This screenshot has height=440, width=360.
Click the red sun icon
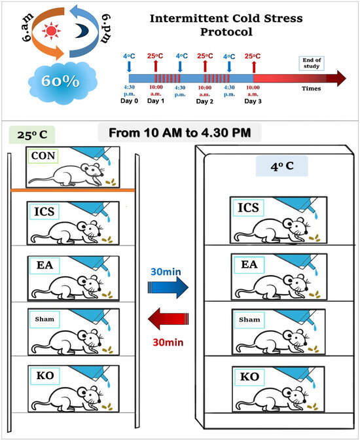[x=51, y=31]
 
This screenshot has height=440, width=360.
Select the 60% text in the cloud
[x=61, y=81]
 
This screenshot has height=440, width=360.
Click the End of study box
[x=312, y=63]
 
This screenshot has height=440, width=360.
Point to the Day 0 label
[x=129, y=101]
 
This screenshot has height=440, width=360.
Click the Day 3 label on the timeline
[x=253, y=101]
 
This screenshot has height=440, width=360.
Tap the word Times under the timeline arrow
[x=311, y=88]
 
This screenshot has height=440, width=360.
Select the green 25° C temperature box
[x=32, y=135]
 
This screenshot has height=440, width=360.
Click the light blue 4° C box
[x=282, y=166]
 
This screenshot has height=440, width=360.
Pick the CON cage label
[x=43, y=156]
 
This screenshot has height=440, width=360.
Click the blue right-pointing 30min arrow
[x=168, y=287]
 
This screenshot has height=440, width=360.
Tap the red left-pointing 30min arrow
[x=168, y=319]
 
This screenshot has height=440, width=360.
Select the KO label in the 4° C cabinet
[x=249, y=376]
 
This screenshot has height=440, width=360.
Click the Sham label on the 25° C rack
[x=45, y=319]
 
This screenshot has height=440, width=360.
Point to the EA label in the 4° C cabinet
[x=249, y=264]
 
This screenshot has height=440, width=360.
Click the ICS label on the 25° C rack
[x=44, y=211]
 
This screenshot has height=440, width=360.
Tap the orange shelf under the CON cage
[x=73, y=191]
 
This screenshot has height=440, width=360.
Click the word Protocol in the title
[x=226, y=31]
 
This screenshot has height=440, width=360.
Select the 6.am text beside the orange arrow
[x=27, y=27]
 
